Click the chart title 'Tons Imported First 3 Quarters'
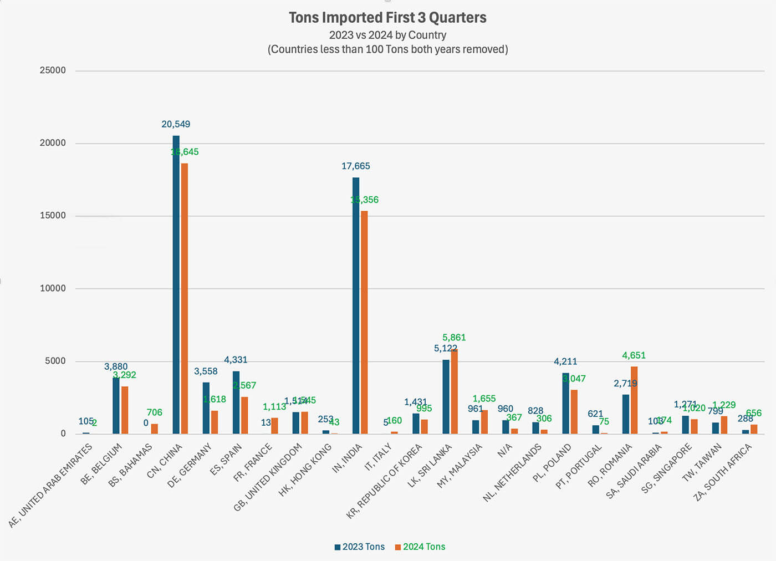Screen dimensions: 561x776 [x=387, y=18]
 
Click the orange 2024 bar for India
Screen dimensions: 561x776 [x=364, y=322]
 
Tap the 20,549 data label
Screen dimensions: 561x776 [x=176, y=124]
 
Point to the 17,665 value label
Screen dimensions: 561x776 [x=355, y=166]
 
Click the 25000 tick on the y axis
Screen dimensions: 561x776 [x=53, y=70]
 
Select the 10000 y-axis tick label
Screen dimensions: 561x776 [x=53, y=288]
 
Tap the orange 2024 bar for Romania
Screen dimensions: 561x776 [x=634, y=400]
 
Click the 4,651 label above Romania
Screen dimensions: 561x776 [x=634, y=355]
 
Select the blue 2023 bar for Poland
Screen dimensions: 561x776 [x=565, y=403]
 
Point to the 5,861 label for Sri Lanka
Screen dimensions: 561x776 [x=454, y=337]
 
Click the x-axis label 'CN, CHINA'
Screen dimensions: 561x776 [x=165, y=461]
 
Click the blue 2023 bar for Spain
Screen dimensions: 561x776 [x=236, y=402]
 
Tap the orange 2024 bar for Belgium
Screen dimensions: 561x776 [x=125, y=410]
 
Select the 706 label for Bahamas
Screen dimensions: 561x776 [x=154, y=412]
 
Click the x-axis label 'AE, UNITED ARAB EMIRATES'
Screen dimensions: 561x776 [x=51, y=486]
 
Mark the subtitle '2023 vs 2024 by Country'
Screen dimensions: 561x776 [x=387, y=35]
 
